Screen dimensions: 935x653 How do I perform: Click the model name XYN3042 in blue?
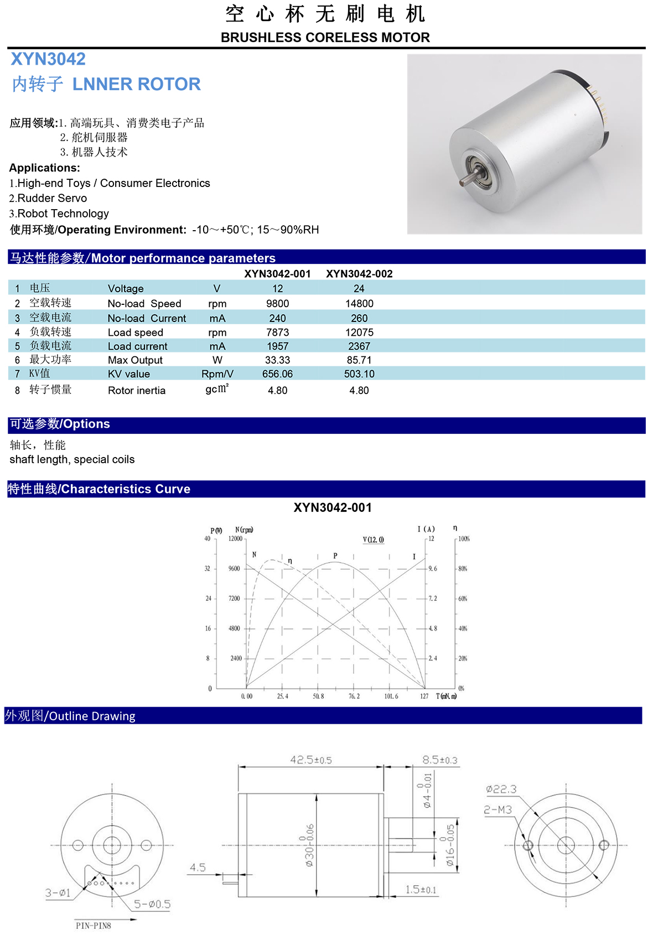point(48,59)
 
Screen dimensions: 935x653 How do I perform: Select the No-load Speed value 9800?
point(277,304)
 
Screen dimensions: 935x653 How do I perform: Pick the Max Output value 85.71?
point(359,360)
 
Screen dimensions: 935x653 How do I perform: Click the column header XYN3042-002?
point(359,274)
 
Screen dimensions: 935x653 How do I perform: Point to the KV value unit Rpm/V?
point(217,374)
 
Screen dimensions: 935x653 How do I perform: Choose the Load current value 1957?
point(277,346)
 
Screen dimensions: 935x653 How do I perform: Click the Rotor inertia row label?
point(137,391)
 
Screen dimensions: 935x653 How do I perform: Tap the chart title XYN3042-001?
point(333,508)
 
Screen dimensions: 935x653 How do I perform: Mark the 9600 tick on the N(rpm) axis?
point(235,569)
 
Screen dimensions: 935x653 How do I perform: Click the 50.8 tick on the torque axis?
point(318,697)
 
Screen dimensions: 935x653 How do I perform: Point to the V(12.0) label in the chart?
point(374,540)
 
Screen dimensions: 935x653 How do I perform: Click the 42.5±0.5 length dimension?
point(311,760)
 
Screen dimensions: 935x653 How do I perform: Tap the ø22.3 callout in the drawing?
point(501,789)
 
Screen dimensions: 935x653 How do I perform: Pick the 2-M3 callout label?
point(498,810)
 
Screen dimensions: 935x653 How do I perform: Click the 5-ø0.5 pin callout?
point(152,905)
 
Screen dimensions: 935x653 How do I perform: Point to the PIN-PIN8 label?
point(94,926)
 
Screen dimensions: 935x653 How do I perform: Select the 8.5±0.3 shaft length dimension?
point(440,760)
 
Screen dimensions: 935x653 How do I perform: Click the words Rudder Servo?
point(52,198)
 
